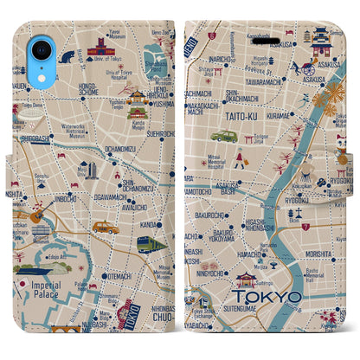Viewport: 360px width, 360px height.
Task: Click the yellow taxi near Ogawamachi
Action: (106, 228)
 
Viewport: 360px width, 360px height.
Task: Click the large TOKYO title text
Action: (267, 297)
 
